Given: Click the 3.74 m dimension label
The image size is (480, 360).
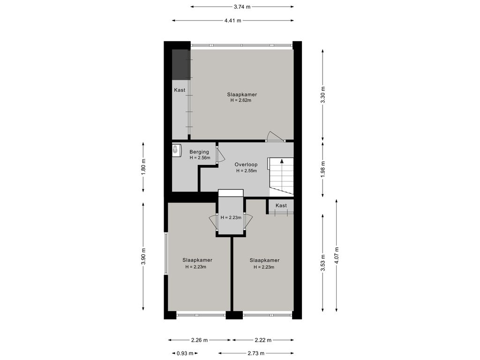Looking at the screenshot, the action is [242, 7].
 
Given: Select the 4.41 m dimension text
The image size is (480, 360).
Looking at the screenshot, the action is [232, 21].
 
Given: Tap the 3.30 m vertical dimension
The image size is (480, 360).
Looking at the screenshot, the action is [322, 95].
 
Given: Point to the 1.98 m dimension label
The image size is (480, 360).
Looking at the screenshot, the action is [322, 169].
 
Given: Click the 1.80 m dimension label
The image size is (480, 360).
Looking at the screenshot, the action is [143, 167].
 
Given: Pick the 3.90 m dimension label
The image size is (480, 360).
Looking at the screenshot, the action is [143, 256].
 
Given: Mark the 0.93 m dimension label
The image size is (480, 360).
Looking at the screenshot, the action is [185, 353].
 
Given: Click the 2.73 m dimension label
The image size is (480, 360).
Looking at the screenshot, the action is [256, 353].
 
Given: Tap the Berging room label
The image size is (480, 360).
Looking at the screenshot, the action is [199, 152].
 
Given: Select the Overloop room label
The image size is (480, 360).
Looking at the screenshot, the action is [246, 165].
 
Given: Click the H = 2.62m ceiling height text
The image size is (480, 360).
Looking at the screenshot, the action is [241, 100].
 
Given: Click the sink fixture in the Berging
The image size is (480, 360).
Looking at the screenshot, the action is [175, 150].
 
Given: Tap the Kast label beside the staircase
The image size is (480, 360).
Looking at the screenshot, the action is [281, 205].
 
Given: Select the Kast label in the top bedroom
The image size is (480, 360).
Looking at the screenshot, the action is [180, 90].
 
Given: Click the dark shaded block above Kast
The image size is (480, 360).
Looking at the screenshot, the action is [180, 65].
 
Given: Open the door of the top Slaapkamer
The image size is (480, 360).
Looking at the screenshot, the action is [275, 136].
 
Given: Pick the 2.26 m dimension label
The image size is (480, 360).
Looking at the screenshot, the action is [200, 340].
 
